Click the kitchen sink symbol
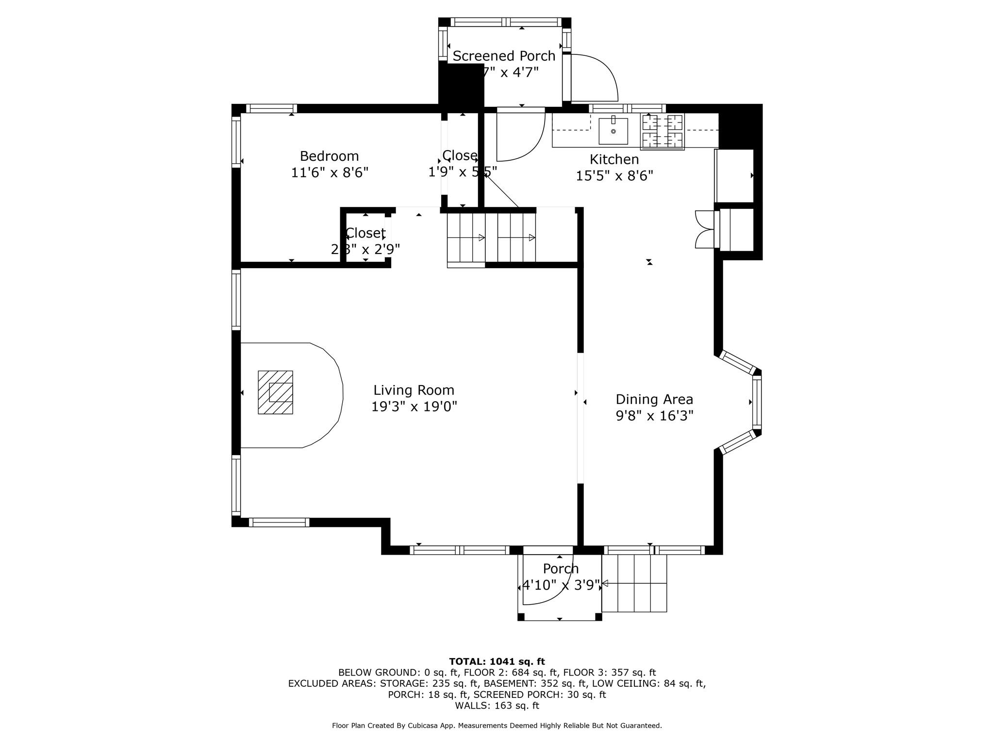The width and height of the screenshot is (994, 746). [x=613, y=131]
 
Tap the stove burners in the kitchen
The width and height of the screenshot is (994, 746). [x=663, y=131]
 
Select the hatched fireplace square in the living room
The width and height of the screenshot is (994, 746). [x=275, y=392]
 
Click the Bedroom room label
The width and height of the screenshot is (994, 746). [x=329, y=156]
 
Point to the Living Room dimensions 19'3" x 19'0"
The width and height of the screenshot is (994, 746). [x=414, y=407]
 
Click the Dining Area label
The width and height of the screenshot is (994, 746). [x=654, y=399]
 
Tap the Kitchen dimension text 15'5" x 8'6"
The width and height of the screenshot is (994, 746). [x=614, y=176]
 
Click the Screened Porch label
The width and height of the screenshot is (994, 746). [x=504, y=56]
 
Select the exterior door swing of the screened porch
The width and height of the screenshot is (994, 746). [x=595, y=78]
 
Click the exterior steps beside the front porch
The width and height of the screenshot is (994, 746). [x=634, y=583]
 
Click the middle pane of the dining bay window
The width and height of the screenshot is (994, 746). [x=757, y=402]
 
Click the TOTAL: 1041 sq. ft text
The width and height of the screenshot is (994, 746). [x=497, y=661]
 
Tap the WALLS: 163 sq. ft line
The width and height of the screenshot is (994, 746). [x=497, y=706]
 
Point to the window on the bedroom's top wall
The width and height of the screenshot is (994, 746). [x=271, y=108]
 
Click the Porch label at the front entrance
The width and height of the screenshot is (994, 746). [x=561, y=568]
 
